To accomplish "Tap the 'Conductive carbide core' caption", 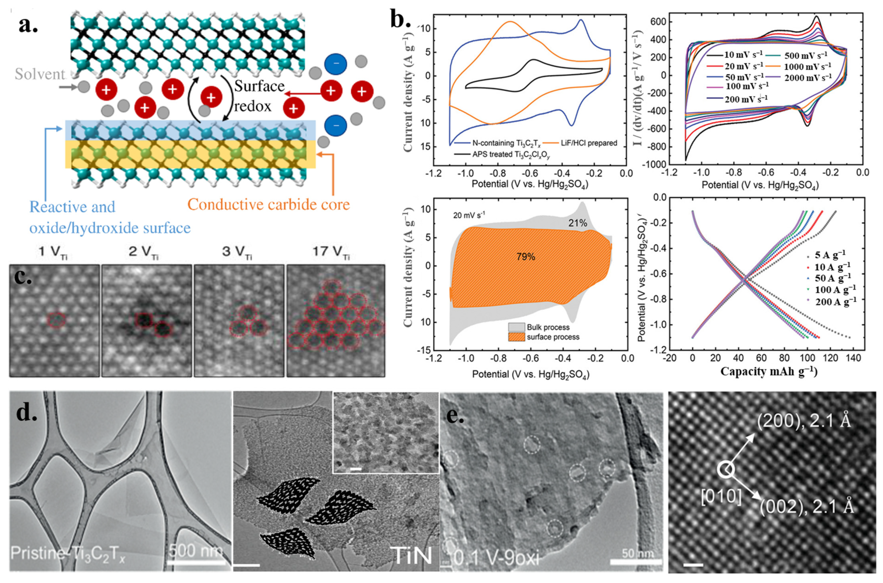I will [x=269, y=205].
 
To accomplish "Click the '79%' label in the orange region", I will [x=525, y=257].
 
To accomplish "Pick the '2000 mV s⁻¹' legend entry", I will [x=808, y=78].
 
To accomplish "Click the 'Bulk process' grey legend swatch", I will [x=516, y=327].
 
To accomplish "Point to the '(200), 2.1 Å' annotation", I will [x=804, y=422].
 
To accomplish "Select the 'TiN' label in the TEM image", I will [x=412, y=556].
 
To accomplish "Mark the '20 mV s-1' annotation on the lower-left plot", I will [x=468, y=215].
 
